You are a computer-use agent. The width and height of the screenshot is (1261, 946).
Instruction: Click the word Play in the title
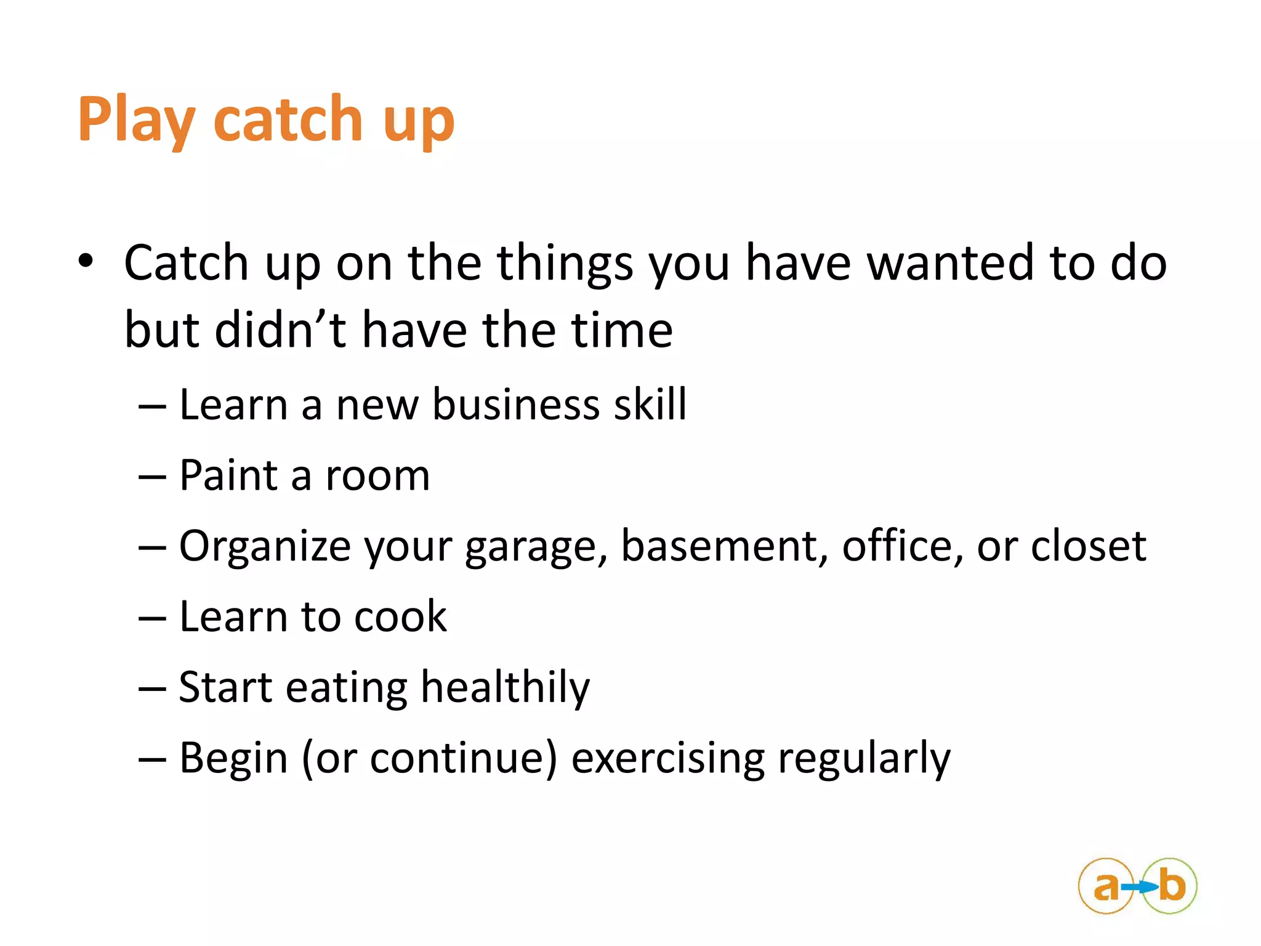[x=137, y=120]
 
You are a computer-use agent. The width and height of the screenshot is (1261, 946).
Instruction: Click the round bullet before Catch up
[x=86, y=261]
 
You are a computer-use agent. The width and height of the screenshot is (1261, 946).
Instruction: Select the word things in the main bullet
[x=565, y=264]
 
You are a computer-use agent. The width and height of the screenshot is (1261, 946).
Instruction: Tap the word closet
[x=1088, y=546]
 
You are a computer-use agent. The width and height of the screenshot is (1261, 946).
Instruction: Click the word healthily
[x=505, y=688]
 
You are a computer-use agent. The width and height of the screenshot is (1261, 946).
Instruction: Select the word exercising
[x=668, y=758]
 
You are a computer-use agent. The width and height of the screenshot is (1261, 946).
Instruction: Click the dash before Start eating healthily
[x=152, y=688]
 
